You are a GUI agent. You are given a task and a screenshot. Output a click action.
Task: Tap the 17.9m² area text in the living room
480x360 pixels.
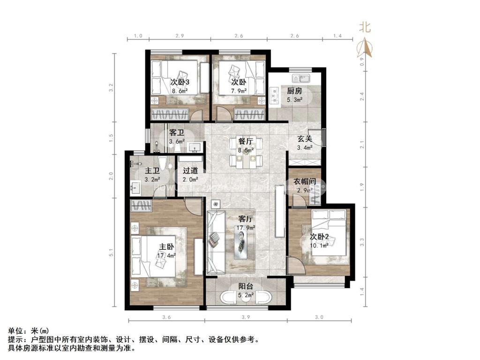pyautogui.click(x=246, y=228)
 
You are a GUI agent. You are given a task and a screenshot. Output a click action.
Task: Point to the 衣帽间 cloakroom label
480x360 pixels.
pyautogui.click(x=304, y=181)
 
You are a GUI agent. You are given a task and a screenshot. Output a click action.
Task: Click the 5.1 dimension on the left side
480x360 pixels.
pyautogui.click(x=111, y=253)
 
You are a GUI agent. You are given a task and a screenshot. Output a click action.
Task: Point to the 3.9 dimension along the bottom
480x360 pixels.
pyautogui.click(x=245, y=318)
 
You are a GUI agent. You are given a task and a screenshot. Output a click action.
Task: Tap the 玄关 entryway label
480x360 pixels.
pyautogui.click(x=305, y=139)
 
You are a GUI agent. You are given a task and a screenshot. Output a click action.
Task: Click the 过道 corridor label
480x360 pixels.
pyautogui.click(x=190, y=171)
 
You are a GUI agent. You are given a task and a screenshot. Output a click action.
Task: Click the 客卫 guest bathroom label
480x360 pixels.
pyautogui.click(x=177, y=133)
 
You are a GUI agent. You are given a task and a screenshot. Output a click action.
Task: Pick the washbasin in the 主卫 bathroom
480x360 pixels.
pyautogui.click(x=136, y=188)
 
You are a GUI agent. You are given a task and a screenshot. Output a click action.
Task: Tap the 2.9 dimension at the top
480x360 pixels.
pyautogui.click(x=180, y=36)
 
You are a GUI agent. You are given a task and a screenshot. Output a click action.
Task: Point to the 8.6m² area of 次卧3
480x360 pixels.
pyautogui.click(x=180, y=91)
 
